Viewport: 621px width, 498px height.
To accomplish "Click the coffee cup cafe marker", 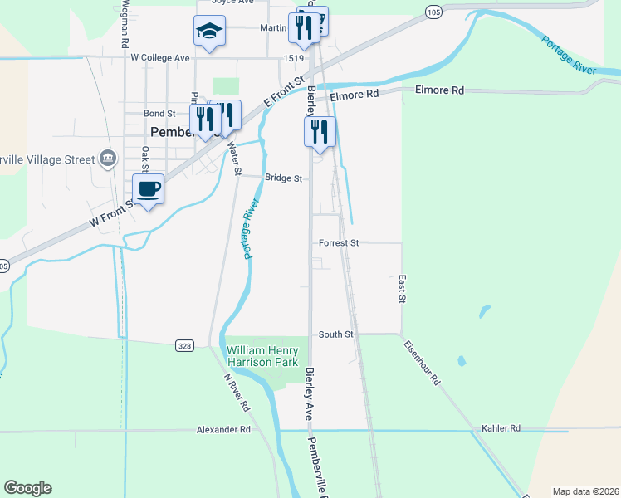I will coord(149,189).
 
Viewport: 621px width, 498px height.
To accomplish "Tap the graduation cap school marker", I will coord(209,32).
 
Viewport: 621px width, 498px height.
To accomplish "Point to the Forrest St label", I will coord(338,243).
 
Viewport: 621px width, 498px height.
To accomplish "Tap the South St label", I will coord(336,334).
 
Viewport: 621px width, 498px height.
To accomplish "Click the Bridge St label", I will coord(283,178).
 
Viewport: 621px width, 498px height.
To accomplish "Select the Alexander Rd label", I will coord(223,430).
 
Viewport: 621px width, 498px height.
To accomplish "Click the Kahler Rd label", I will coord(501,428).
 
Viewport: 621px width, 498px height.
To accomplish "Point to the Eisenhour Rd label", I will coord(423,362).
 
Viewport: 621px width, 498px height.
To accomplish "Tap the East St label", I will coord(402,289).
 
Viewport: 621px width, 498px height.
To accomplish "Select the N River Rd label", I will coord(237,393).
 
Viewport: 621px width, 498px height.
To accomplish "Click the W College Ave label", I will coord(161,58).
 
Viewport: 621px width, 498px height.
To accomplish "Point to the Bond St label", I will coord(159,113).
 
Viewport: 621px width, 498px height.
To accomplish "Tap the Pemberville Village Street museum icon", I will coord(107,158).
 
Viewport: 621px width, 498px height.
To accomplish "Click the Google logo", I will coord(27,488).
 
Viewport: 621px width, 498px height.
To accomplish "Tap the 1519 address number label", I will coord(293,59).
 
